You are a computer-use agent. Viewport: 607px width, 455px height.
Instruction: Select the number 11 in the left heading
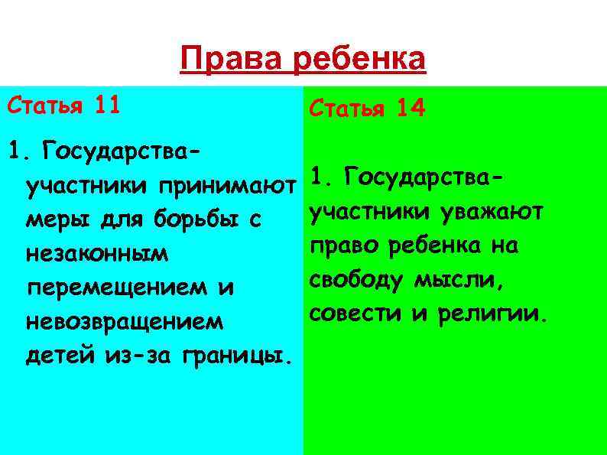tap(108, 105)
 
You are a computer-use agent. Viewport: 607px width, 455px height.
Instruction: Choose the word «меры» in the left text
tap(51, 220)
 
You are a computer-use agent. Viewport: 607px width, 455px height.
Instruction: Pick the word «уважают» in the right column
tap(492, 211)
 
